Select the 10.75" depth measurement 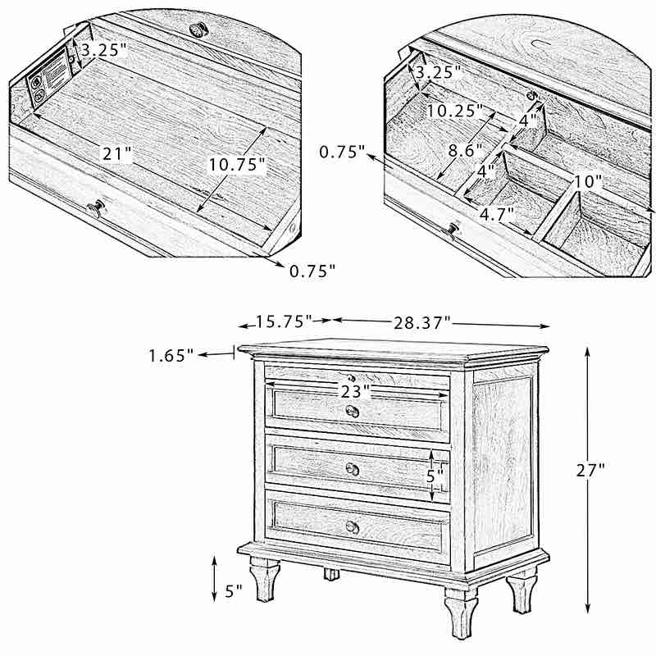tap(237, 165)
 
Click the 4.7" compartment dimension tap(496, 214)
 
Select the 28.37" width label tap(421, 322)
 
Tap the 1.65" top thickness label tap(171, 355)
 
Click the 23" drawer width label tap(356, 392)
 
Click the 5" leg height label tap(233, 590)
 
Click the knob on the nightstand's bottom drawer tap(352, 526)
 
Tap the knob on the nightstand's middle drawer tap(353, 468)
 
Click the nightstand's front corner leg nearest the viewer tap(462, 611)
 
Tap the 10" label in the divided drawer tap(588, 180)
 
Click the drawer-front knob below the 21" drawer tap(96, 208)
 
